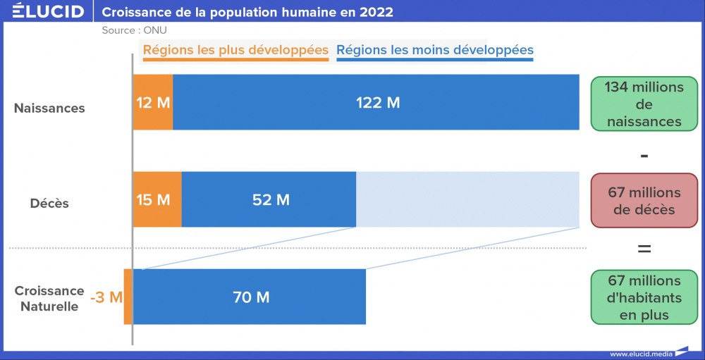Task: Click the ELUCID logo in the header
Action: pyautogui.click(x=48, y=12)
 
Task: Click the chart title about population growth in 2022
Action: pyautogui.click(x=247, y=12)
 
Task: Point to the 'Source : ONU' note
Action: pyautogui.click(x=134, y=30)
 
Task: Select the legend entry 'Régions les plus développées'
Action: pyautogui.click(x=235, y=51)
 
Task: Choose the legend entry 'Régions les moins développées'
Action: pyautogui.click(x=434, y=51)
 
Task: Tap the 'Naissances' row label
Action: pyautogui.click(x=49, y=108)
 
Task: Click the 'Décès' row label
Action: pyautogui.click(x=49, y=203)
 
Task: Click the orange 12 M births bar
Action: pyautogui.click(x=153, y=103)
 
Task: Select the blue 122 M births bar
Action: pyautogui.click(x=377, y=103)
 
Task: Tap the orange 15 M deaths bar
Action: pyautogui.click(x=157, y=200)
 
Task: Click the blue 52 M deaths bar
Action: pyautogui.click(x=269, y=200)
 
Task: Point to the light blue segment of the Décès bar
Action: pyautogui.click(x=467, y=200)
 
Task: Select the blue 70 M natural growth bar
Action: pyautogui.click(x=250, y=297)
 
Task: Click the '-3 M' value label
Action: pyautogui.click(x=106, y=297)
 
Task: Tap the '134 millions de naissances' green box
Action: pyautogui.click(x=644, y=104)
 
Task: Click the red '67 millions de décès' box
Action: pyautogui.click(x=644, y=201)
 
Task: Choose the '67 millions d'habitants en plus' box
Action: pyautogui.click(x=644, y=297)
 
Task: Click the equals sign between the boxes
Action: pyautogui.click(x=644, y=249)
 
